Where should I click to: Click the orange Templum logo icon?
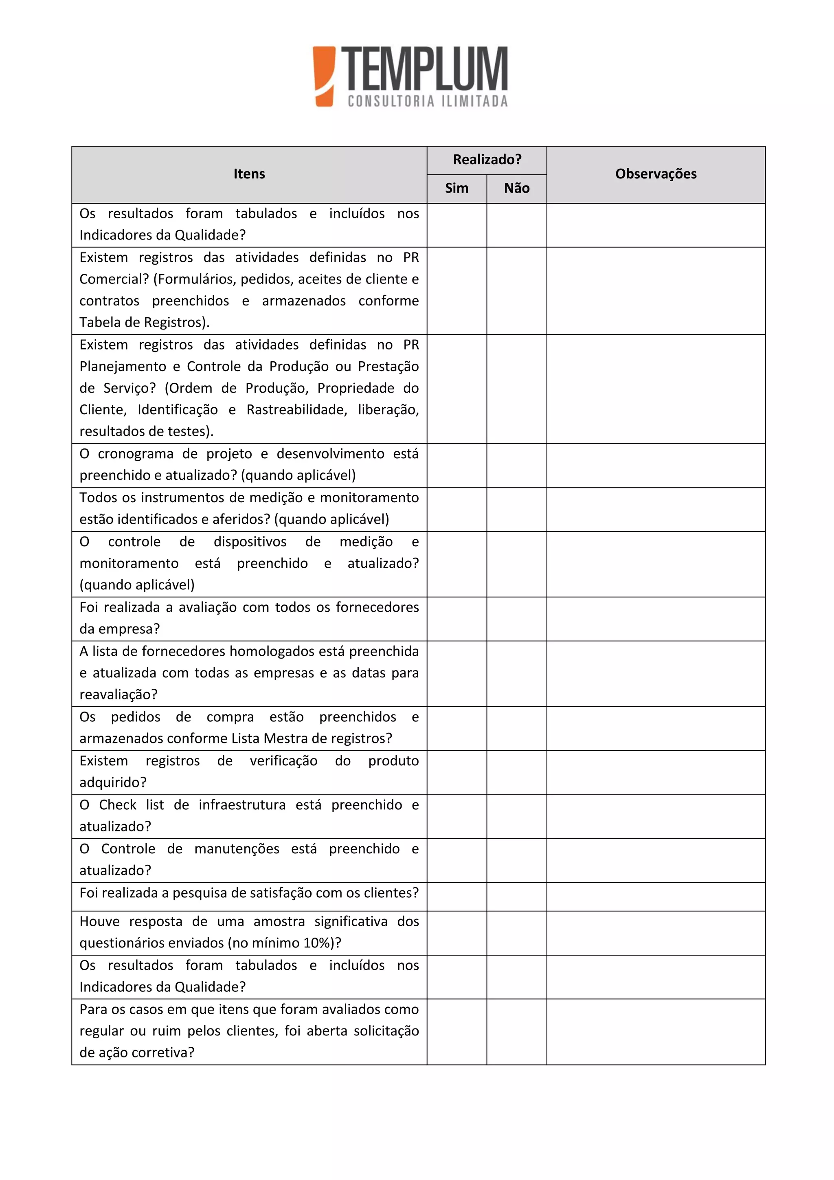324,76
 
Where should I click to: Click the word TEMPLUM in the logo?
424,69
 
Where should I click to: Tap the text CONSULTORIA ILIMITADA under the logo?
428,101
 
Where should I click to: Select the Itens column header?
249,174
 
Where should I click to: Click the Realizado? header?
487,160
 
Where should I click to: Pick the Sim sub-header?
457,189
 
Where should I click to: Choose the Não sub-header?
516,189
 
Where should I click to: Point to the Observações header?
656,174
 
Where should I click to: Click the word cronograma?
134,454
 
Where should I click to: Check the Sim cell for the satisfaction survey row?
457,897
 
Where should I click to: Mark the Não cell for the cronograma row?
516,465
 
